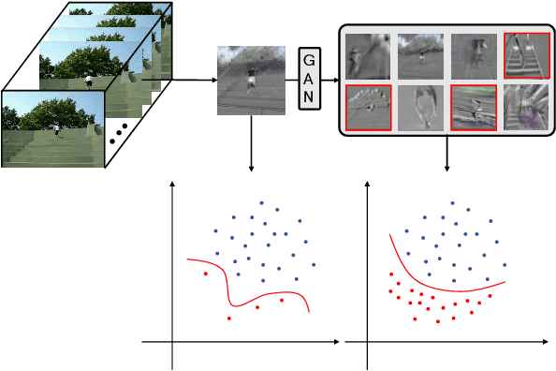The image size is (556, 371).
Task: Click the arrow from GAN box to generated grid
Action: tap(329, 80)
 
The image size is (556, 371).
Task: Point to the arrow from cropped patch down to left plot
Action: tap(251, 144)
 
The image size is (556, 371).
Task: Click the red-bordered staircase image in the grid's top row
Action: tap(524, 55)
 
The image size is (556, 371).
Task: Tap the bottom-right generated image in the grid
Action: tap(524, 106)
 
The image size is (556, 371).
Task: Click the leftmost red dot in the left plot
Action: tap(205, 274)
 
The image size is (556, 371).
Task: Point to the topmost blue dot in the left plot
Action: tap(262, 202)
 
